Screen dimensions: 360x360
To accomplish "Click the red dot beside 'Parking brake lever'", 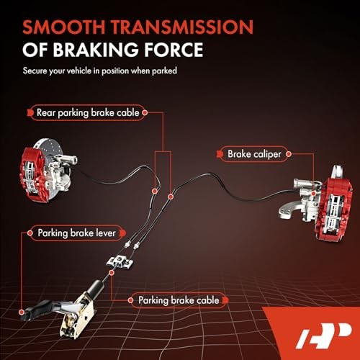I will pyautogui.click(x=28, y=233).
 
